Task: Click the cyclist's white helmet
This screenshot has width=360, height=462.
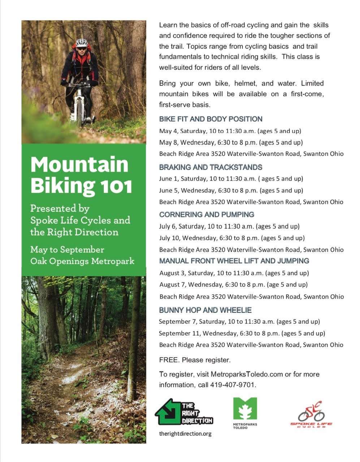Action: tap(82, 43)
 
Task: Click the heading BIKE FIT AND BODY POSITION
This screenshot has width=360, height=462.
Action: tap(211, 119)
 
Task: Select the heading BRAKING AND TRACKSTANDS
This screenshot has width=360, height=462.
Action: tap(211, 167)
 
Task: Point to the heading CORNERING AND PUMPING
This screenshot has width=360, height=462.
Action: tap(207, 215)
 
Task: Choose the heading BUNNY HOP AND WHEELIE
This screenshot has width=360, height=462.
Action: tap(205, 310)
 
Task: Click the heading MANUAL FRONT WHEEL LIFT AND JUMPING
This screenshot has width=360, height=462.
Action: tap(234, 261)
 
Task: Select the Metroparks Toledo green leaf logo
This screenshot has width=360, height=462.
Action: tap(245, 410)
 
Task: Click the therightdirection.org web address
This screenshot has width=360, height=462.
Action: tap(185, 433)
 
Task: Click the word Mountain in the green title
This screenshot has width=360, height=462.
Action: tap(79, 165)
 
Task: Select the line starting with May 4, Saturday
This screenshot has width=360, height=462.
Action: tap(230, 131)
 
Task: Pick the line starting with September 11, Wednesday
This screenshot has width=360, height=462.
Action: tap(242, 333)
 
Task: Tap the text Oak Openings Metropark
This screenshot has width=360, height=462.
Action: tap(82, 261)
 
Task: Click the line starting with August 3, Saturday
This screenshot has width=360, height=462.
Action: tap(234, 273)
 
